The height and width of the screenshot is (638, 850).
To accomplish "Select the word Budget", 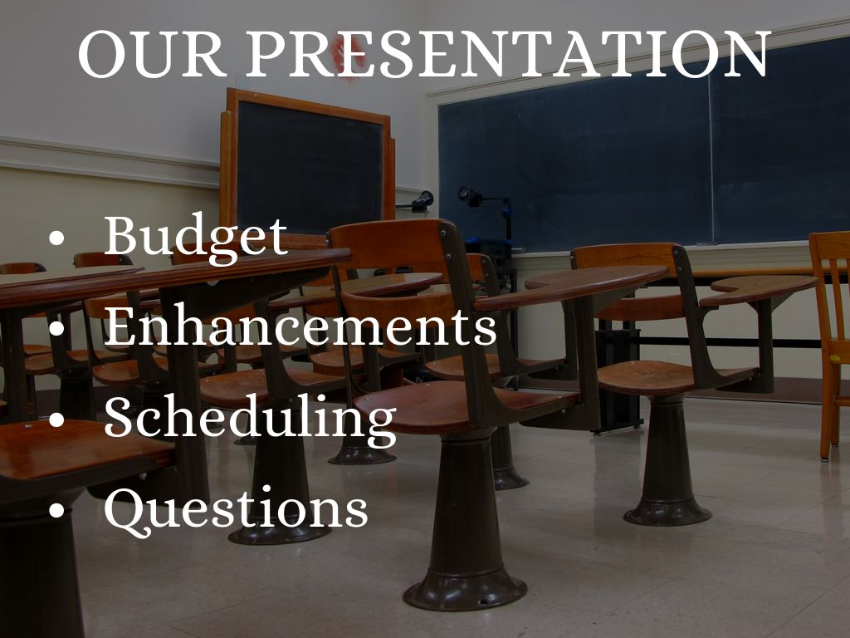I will [196, 237].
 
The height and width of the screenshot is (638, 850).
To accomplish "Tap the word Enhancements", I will [300, 327].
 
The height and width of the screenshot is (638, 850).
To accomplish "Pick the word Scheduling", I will [250, 419].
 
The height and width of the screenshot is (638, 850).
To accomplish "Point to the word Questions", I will [236, 508].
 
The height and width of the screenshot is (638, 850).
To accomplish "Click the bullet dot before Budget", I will [56, 239].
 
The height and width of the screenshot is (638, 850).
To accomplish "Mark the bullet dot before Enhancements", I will [56, 330].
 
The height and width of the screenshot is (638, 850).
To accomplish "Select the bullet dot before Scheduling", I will [56, 420].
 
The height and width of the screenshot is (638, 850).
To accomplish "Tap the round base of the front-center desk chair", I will [465, 590].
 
